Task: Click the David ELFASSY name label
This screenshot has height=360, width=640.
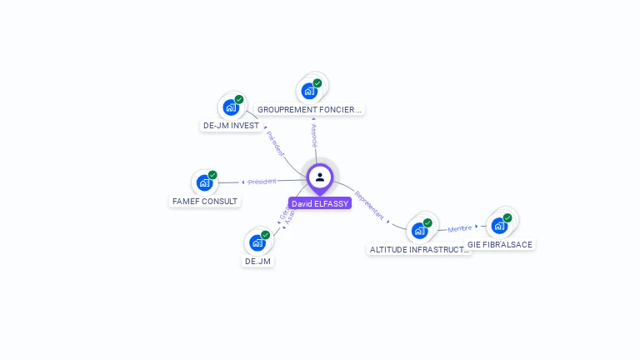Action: (x=320, y=203)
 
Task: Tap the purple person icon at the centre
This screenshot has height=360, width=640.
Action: (x=320, y=177)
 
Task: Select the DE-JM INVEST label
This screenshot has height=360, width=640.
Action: (x=231, y=126)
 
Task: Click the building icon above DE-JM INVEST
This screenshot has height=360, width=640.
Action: (x=231, y=107)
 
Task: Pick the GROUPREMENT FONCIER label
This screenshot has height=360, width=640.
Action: (x=310, y=109)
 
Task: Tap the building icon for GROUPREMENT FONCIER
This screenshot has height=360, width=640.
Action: (x=309, y=90)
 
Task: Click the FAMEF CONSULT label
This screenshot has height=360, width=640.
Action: (x=205, y=201)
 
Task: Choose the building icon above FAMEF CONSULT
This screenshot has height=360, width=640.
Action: (x=204, y=182)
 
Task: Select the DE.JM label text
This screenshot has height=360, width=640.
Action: (x=257, y=261)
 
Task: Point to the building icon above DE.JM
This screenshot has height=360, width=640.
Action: (x=257, y=242)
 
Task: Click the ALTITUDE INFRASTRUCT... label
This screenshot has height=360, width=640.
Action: (x=419, y=249)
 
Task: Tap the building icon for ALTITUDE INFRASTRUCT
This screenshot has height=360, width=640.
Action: (x=419, y=230)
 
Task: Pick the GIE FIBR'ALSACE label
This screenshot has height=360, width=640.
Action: (x=499, y=244)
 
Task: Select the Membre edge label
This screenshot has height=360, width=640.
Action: (x=459, y=228)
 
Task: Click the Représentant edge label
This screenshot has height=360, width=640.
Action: (x=369, y=206)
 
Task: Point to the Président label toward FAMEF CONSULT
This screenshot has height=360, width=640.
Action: (x=262, y=181)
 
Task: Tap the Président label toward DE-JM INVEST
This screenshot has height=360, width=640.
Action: (x=275, y=143)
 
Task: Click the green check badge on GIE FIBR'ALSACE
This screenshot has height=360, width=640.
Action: (x=507, y=218)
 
